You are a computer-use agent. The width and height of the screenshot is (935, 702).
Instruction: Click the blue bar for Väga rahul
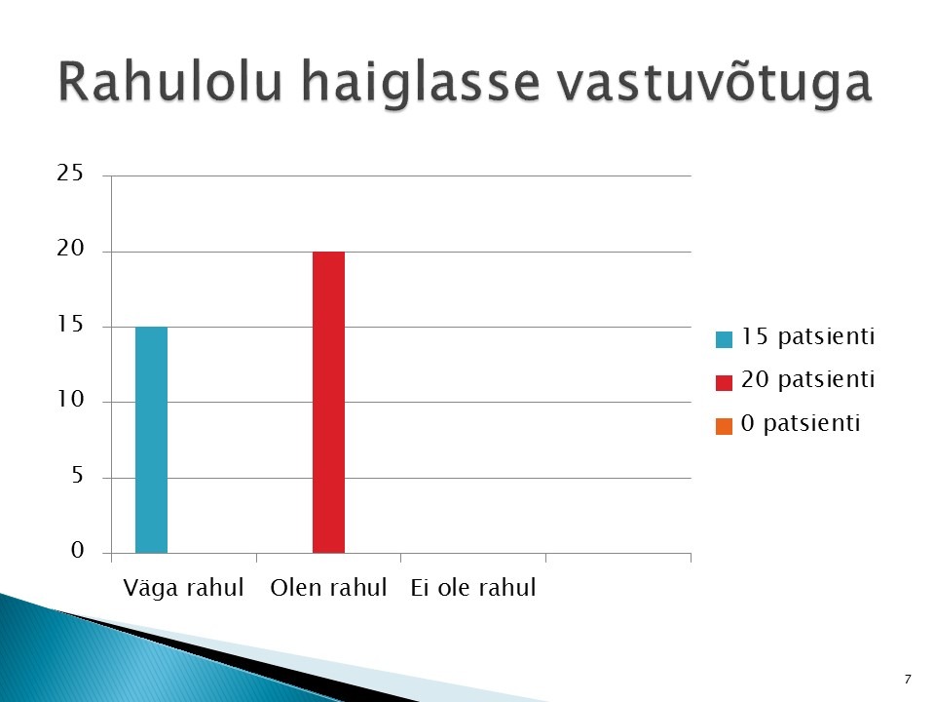[152, 440]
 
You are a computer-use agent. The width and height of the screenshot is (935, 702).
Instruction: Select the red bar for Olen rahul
[328, 403]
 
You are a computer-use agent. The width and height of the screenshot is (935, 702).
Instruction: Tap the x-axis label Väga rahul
[183, 588]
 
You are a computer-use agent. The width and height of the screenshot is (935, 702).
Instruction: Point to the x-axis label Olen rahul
[328, 587]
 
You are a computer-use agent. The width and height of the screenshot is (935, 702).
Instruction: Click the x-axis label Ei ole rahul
[473, 587]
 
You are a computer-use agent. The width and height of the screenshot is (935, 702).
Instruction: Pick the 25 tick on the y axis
[70, 174]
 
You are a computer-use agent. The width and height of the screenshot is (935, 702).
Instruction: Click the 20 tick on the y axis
[70, 249]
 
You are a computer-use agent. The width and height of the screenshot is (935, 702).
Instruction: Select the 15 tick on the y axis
[70, 324]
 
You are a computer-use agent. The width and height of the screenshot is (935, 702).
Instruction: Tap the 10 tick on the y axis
[70, 400]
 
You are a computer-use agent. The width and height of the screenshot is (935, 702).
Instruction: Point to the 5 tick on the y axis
[77, 475]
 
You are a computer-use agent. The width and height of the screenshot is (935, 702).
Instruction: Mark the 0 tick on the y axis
[78, 550]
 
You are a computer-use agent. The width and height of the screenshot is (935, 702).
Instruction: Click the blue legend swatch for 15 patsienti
[724, 339]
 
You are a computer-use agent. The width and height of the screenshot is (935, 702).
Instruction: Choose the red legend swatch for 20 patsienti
[724, 382]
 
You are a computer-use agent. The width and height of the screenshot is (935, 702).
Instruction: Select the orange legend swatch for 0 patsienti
[724, 426]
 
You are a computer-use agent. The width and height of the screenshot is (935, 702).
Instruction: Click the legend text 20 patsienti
[808, 379]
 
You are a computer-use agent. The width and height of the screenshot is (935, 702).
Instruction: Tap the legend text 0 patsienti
[801, 423]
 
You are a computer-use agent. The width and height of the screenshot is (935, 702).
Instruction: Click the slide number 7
[908, 680]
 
